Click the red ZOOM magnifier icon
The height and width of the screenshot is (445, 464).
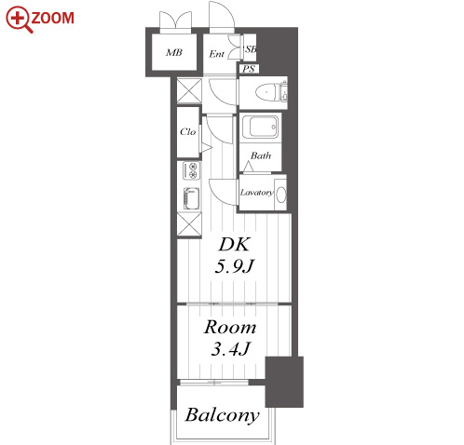tap(19, 20)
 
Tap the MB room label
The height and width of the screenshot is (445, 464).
tap(174, 52)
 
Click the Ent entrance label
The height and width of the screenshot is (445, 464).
tap(216, 54)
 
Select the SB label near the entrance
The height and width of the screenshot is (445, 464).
tap(251, 49)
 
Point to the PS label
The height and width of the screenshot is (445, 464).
tap(249, 69)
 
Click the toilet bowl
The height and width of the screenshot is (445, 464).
tap(267, 92)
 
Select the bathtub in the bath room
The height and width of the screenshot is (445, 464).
tap(260, 127)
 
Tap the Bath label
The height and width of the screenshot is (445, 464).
tap(261, 155)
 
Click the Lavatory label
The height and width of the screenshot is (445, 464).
tap(256, 193)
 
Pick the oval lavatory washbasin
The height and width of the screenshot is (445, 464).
tap(281, 195)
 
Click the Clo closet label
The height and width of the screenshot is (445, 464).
tap(187, 132)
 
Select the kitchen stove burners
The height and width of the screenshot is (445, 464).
tap(191, 170)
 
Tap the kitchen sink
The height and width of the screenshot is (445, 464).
tap(191, 198)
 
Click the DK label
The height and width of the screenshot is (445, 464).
tap(234, 245)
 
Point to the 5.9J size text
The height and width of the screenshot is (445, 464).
tap(235, 266)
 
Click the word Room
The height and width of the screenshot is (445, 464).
tap(230, 327)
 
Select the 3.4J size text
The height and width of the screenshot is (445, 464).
tap(230, 349)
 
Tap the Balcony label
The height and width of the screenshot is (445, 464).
tap(222, 415)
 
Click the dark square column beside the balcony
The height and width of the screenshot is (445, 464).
tap(284, 382)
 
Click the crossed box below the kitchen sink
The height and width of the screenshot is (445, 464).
tap(189, 224)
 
